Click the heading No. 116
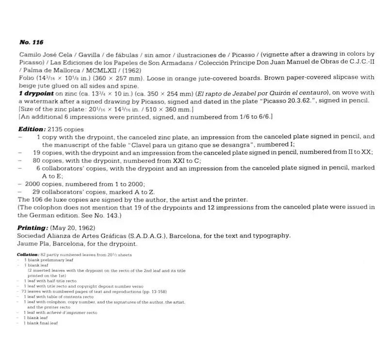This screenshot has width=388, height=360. pos(31,42)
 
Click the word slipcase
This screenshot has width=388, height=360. pos(345,78)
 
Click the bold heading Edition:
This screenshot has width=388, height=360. pos(32,129)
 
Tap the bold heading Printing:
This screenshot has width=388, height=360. pos(32,228)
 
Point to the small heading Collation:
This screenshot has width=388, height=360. pos(27,254)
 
